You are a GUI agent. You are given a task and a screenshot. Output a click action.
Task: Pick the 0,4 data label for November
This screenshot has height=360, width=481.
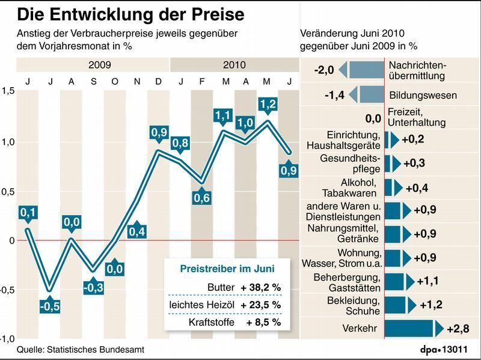(137, 230)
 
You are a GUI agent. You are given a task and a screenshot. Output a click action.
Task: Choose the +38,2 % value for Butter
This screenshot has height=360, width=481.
(261, 287)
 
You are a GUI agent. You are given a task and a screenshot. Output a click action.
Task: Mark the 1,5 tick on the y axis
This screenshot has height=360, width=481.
(8, 91)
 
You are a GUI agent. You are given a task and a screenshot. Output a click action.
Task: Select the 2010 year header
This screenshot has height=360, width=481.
(234, 64)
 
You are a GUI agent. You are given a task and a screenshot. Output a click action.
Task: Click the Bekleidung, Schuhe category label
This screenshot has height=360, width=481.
(352, 305)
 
